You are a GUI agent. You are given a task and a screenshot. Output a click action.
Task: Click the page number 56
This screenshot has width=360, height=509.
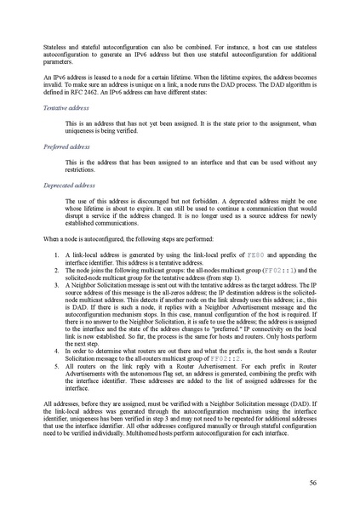pos(312,482)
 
